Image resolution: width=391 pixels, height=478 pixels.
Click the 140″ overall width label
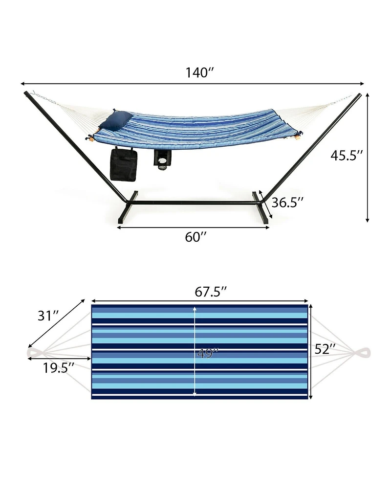click(199, 73)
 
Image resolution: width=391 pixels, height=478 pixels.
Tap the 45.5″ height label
click(347, 155)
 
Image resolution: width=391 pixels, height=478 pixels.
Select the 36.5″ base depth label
click(288, 202)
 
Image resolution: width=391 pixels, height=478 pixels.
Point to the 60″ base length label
click(196, 237)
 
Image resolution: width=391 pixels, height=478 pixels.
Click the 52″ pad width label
click(325, 349)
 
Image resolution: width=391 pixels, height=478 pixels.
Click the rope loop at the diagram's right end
click(363, 353)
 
